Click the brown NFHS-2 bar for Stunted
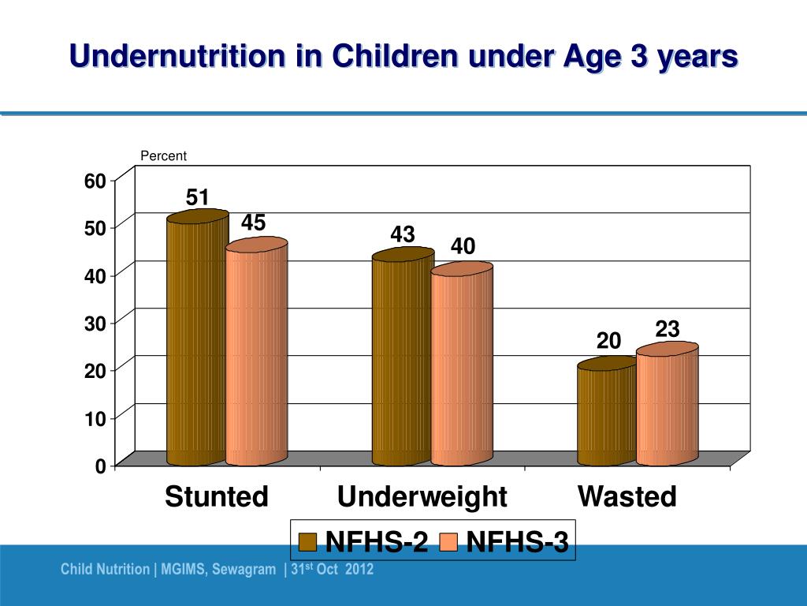196,339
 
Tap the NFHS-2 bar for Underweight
402,359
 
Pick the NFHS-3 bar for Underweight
462,367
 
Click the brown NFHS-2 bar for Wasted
607,414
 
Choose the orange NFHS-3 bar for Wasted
667,406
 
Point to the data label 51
197,196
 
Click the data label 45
253,223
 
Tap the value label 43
403,234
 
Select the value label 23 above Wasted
668,329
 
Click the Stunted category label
217,497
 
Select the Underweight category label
422,497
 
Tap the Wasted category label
627,497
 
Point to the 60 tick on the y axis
95,181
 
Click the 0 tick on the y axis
100,466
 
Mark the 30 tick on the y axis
95,324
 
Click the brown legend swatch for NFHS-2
307,542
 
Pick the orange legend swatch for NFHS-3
448,542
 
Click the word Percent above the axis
163,156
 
